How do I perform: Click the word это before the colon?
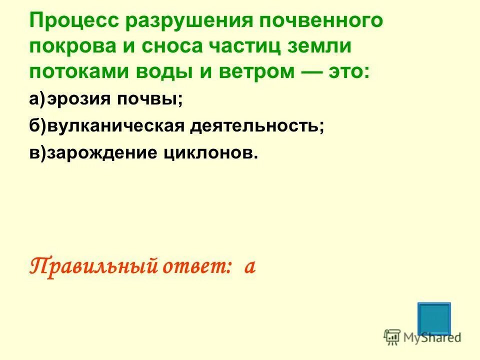click(x=348, y=71)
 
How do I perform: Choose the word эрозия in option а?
click(x=79, y=99)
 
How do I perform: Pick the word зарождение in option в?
click(x=102, y=153)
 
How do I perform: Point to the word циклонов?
click(x=210, y=153)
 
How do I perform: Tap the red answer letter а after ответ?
click(x=250, y=267)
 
